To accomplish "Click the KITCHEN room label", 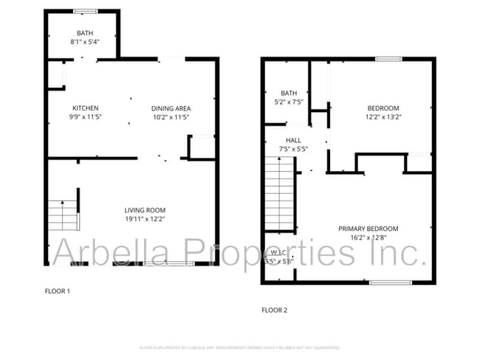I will [x=86, y=108].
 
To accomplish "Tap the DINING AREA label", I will [x=171, y=108].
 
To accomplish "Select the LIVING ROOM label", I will [x=145, y=210].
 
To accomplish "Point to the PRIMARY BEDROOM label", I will [x=368, y=229].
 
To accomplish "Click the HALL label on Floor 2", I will [x=294, y=139].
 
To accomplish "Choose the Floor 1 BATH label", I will [x=85, y=33].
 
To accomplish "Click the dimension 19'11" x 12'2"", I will [x=145, y=219].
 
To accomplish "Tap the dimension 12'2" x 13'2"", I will [x=383, y=117].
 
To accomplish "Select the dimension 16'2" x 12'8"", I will [x=368, y=238].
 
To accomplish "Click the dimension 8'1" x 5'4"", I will [x=85, y=42].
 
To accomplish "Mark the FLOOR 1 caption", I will [x=58, y=291].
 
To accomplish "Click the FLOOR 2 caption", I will [x=275, y=310].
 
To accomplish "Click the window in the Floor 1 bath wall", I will [x=83, y=11].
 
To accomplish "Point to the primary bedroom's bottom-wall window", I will [x=390, y=283].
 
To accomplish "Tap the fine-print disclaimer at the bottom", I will [x=240, y=347].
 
